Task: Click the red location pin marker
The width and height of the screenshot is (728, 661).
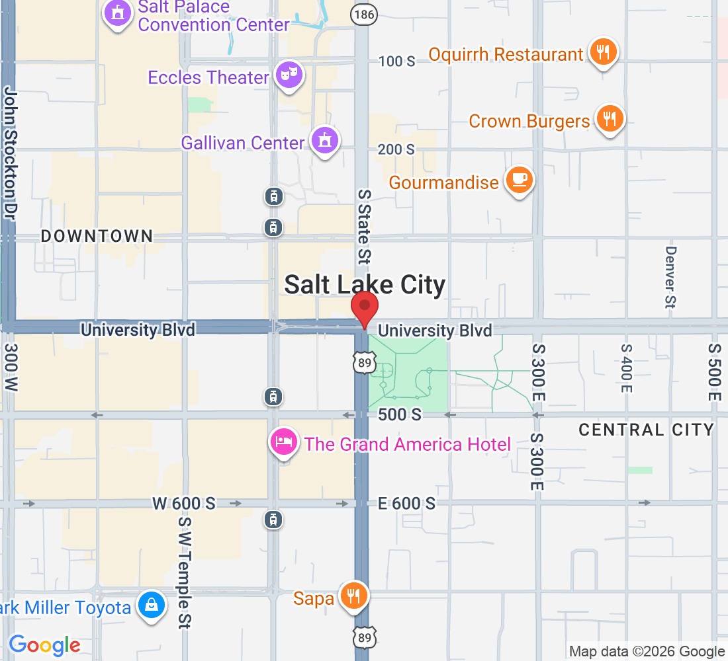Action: click(364, 308)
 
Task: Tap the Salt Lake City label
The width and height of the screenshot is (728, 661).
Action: click(365, 285)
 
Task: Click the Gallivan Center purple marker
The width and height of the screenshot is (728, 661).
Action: click(324, 141)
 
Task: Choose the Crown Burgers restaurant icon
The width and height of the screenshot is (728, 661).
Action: click(610, 119)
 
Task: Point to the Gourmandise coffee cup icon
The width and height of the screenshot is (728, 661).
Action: click(519, 180)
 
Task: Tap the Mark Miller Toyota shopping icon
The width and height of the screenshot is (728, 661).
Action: click(152, 605)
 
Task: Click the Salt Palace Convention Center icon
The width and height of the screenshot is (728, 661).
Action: click(118, 14)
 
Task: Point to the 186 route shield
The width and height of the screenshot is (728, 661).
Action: click(361, 13)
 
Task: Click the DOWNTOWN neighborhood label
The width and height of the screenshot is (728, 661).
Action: click(97, 236)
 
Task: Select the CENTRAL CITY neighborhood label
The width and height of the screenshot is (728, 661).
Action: click(647, 430)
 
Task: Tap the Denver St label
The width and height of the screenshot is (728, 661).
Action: click(671, 277)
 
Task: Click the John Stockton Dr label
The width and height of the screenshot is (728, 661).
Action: click(9, 153)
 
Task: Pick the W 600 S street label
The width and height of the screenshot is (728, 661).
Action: click(184, 504)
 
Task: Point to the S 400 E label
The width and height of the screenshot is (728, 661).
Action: click(625, 368)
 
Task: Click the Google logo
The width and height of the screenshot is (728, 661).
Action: click(44, 645)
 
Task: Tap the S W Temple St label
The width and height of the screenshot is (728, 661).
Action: click(185, 572)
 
